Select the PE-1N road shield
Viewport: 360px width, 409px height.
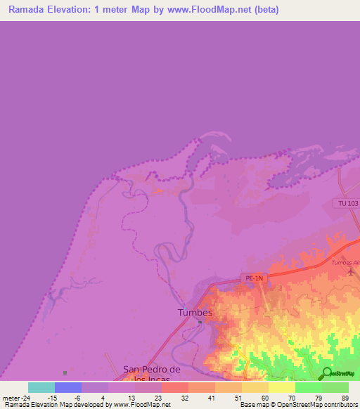click(254, 278)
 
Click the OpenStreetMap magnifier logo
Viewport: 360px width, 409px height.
click(326, 373)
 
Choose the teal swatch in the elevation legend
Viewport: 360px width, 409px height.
click(41, 387)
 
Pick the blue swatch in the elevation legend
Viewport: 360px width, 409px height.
click(68, 387)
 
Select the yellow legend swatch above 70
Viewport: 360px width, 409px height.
click(282, 387)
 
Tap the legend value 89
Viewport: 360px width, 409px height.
click(345, 398)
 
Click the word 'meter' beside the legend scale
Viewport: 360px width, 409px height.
click(13, 398)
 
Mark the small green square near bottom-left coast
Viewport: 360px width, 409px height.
click(65, 372)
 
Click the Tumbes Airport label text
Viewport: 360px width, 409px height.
click(346, 263)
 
